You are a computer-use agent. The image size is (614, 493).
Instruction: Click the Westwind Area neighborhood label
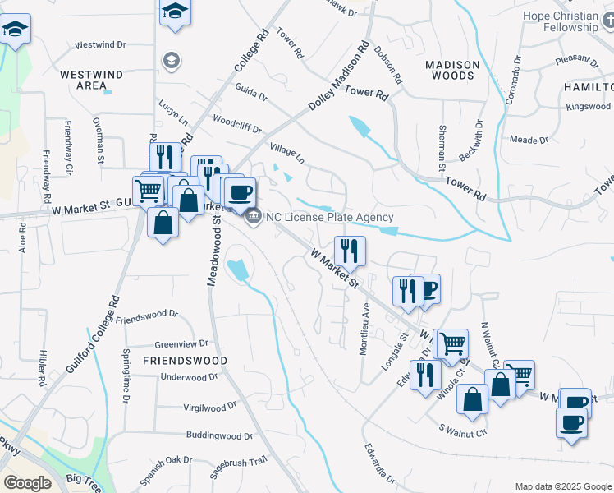92,80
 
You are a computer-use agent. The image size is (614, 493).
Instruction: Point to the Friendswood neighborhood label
186,361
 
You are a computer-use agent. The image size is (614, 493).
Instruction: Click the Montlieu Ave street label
364,329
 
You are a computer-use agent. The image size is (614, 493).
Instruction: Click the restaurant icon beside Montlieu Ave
351,250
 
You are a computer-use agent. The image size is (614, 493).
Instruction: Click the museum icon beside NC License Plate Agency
253,217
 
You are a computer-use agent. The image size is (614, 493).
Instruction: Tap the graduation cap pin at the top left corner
15,30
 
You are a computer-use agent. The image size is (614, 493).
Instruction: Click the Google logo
27,483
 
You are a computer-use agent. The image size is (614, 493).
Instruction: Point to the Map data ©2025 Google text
562,486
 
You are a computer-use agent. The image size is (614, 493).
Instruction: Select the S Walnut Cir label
463,430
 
